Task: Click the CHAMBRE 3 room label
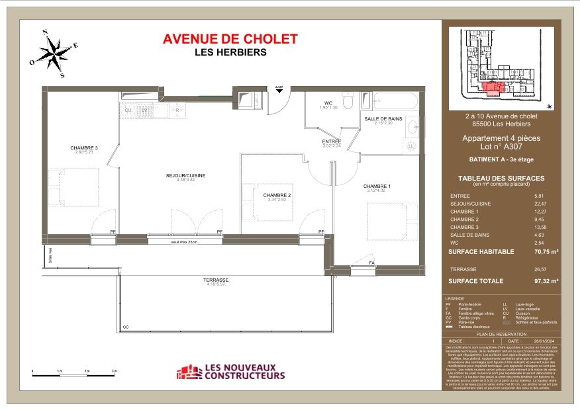point(85,147)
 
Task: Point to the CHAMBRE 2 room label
point(277,195)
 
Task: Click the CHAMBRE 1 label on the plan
point(377,186)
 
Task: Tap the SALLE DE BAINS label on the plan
point(383,118)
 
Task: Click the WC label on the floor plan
point(328,102)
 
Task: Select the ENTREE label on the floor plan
point(331,141)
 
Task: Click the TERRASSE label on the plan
point(217,280)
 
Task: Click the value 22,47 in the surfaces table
point(540,204)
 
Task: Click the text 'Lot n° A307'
point(501,147)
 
